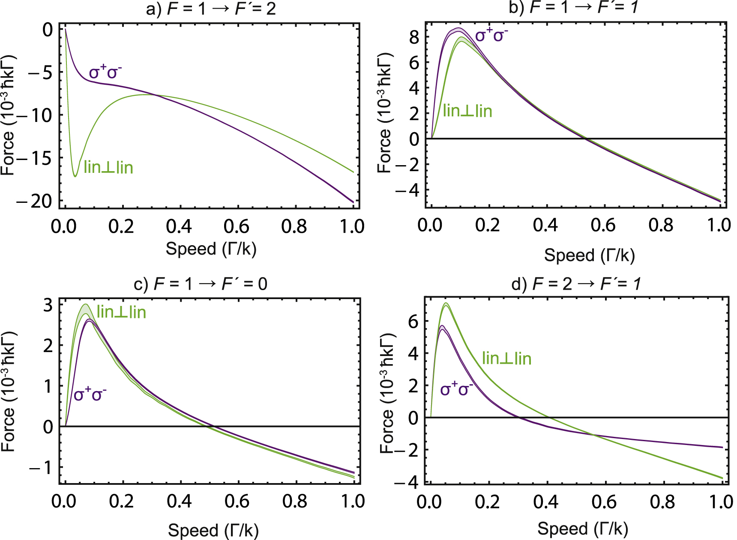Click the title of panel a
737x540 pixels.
point(211,9)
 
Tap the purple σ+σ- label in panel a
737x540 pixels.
point(105,72)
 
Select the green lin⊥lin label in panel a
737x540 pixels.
point(108,167)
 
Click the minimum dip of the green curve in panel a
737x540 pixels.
point(75,176)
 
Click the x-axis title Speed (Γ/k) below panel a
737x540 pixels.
point(211,249)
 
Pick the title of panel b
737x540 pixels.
point(573,7)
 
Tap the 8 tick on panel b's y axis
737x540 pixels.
point(414,37)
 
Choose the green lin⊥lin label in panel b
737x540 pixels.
point(467,111)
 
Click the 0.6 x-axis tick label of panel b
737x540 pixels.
point(603,225)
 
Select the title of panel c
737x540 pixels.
point(201,284)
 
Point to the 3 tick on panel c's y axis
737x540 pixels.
point(48,305)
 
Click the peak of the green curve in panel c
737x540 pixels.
point(85,305)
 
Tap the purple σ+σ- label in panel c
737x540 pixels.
point(90,394)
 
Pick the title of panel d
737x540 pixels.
point(576,284)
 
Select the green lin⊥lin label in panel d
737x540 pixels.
point(506,358)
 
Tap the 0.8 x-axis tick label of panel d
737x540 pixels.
point(662,501)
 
